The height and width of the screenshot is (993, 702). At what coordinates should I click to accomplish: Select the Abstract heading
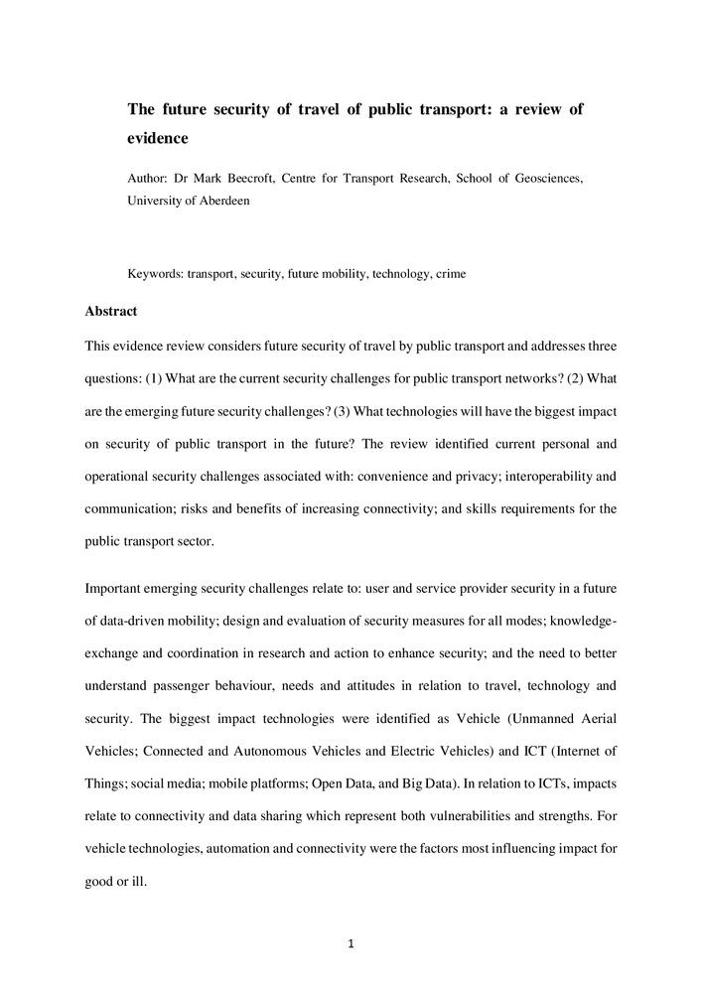112,311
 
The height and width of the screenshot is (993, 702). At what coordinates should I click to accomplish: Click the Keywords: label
157,273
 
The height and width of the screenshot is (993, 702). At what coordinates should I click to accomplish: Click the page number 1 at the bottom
351,943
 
